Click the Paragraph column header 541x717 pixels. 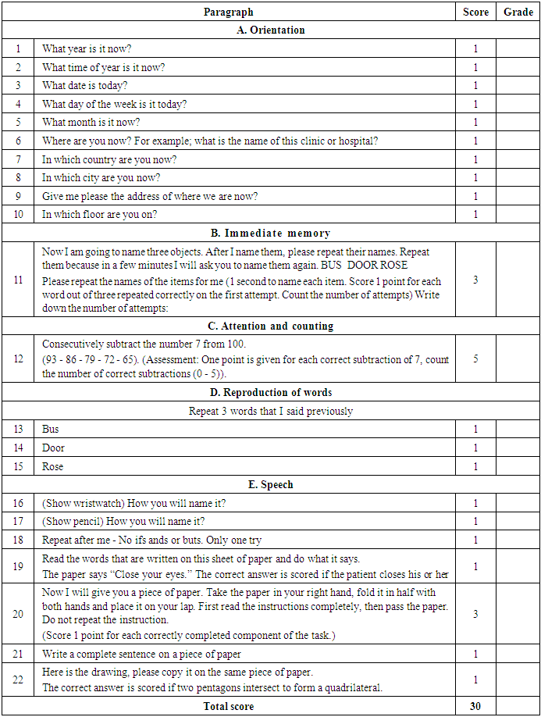(228, 12)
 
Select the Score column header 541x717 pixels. (475, 12)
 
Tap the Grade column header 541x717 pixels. (518, 12)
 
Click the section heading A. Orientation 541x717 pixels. (270, 30)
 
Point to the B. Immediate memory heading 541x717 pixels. (270, 233)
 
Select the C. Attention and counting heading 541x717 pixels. (270, 326)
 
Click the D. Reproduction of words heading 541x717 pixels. (270, 392)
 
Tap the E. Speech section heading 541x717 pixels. (270, 485)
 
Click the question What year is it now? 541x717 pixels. (87, 48)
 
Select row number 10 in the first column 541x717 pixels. (18, 215)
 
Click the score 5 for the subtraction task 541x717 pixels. (475, 360)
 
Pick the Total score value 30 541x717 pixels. (475, 706)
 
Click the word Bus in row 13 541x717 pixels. (51, 430)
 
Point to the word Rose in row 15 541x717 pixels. (53, 466)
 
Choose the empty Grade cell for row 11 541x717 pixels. (518, 279)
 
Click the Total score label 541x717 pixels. (228, 706)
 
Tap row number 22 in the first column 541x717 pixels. (18, 680)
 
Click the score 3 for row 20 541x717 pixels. (475, 614)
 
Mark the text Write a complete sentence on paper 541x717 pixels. (141, 654)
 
